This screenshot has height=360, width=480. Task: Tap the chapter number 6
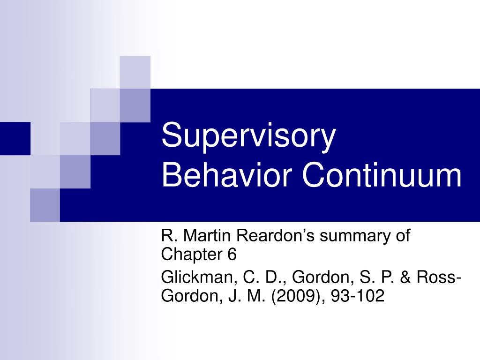point(232,255)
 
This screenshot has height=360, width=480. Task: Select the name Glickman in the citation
point(197,277)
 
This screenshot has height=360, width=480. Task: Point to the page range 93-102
point(357,296)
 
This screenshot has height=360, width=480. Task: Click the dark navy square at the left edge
point(15,138)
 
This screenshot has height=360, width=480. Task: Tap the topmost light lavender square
point(135,72)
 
